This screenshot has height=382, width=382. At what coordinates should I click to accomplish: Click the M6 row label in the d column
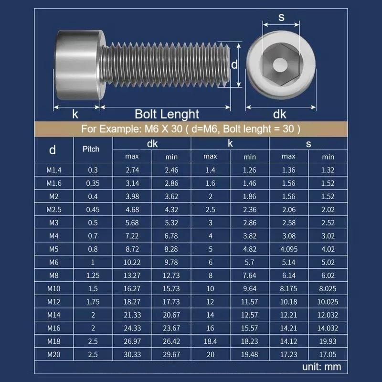pos(54,262)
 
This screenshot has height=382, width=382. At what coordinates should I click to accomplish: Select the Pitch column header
pos(91,149)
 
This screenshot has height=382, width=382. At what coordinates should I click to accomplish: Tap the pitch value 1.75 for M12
pos(93,302)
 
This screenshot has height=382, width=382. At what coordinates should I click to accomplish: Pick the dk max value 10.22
pos(132,262)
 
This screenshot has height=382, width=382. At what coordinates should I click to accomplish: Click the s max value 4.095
pos(289,249)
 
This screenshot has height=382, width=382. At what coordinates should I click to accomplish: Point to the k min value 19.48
pos(249,354)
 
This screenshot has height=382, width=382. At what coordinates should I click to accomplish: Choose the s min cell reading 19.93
pos(328,341)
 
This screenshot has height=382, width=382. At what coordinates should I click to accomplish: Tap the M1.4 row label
pos(54,170)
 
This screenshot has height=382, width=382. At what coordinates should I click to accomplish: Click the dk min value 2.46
pos(171,170)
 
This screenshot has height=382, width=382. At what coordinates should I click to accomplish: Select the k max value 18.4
pos(210,341)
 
